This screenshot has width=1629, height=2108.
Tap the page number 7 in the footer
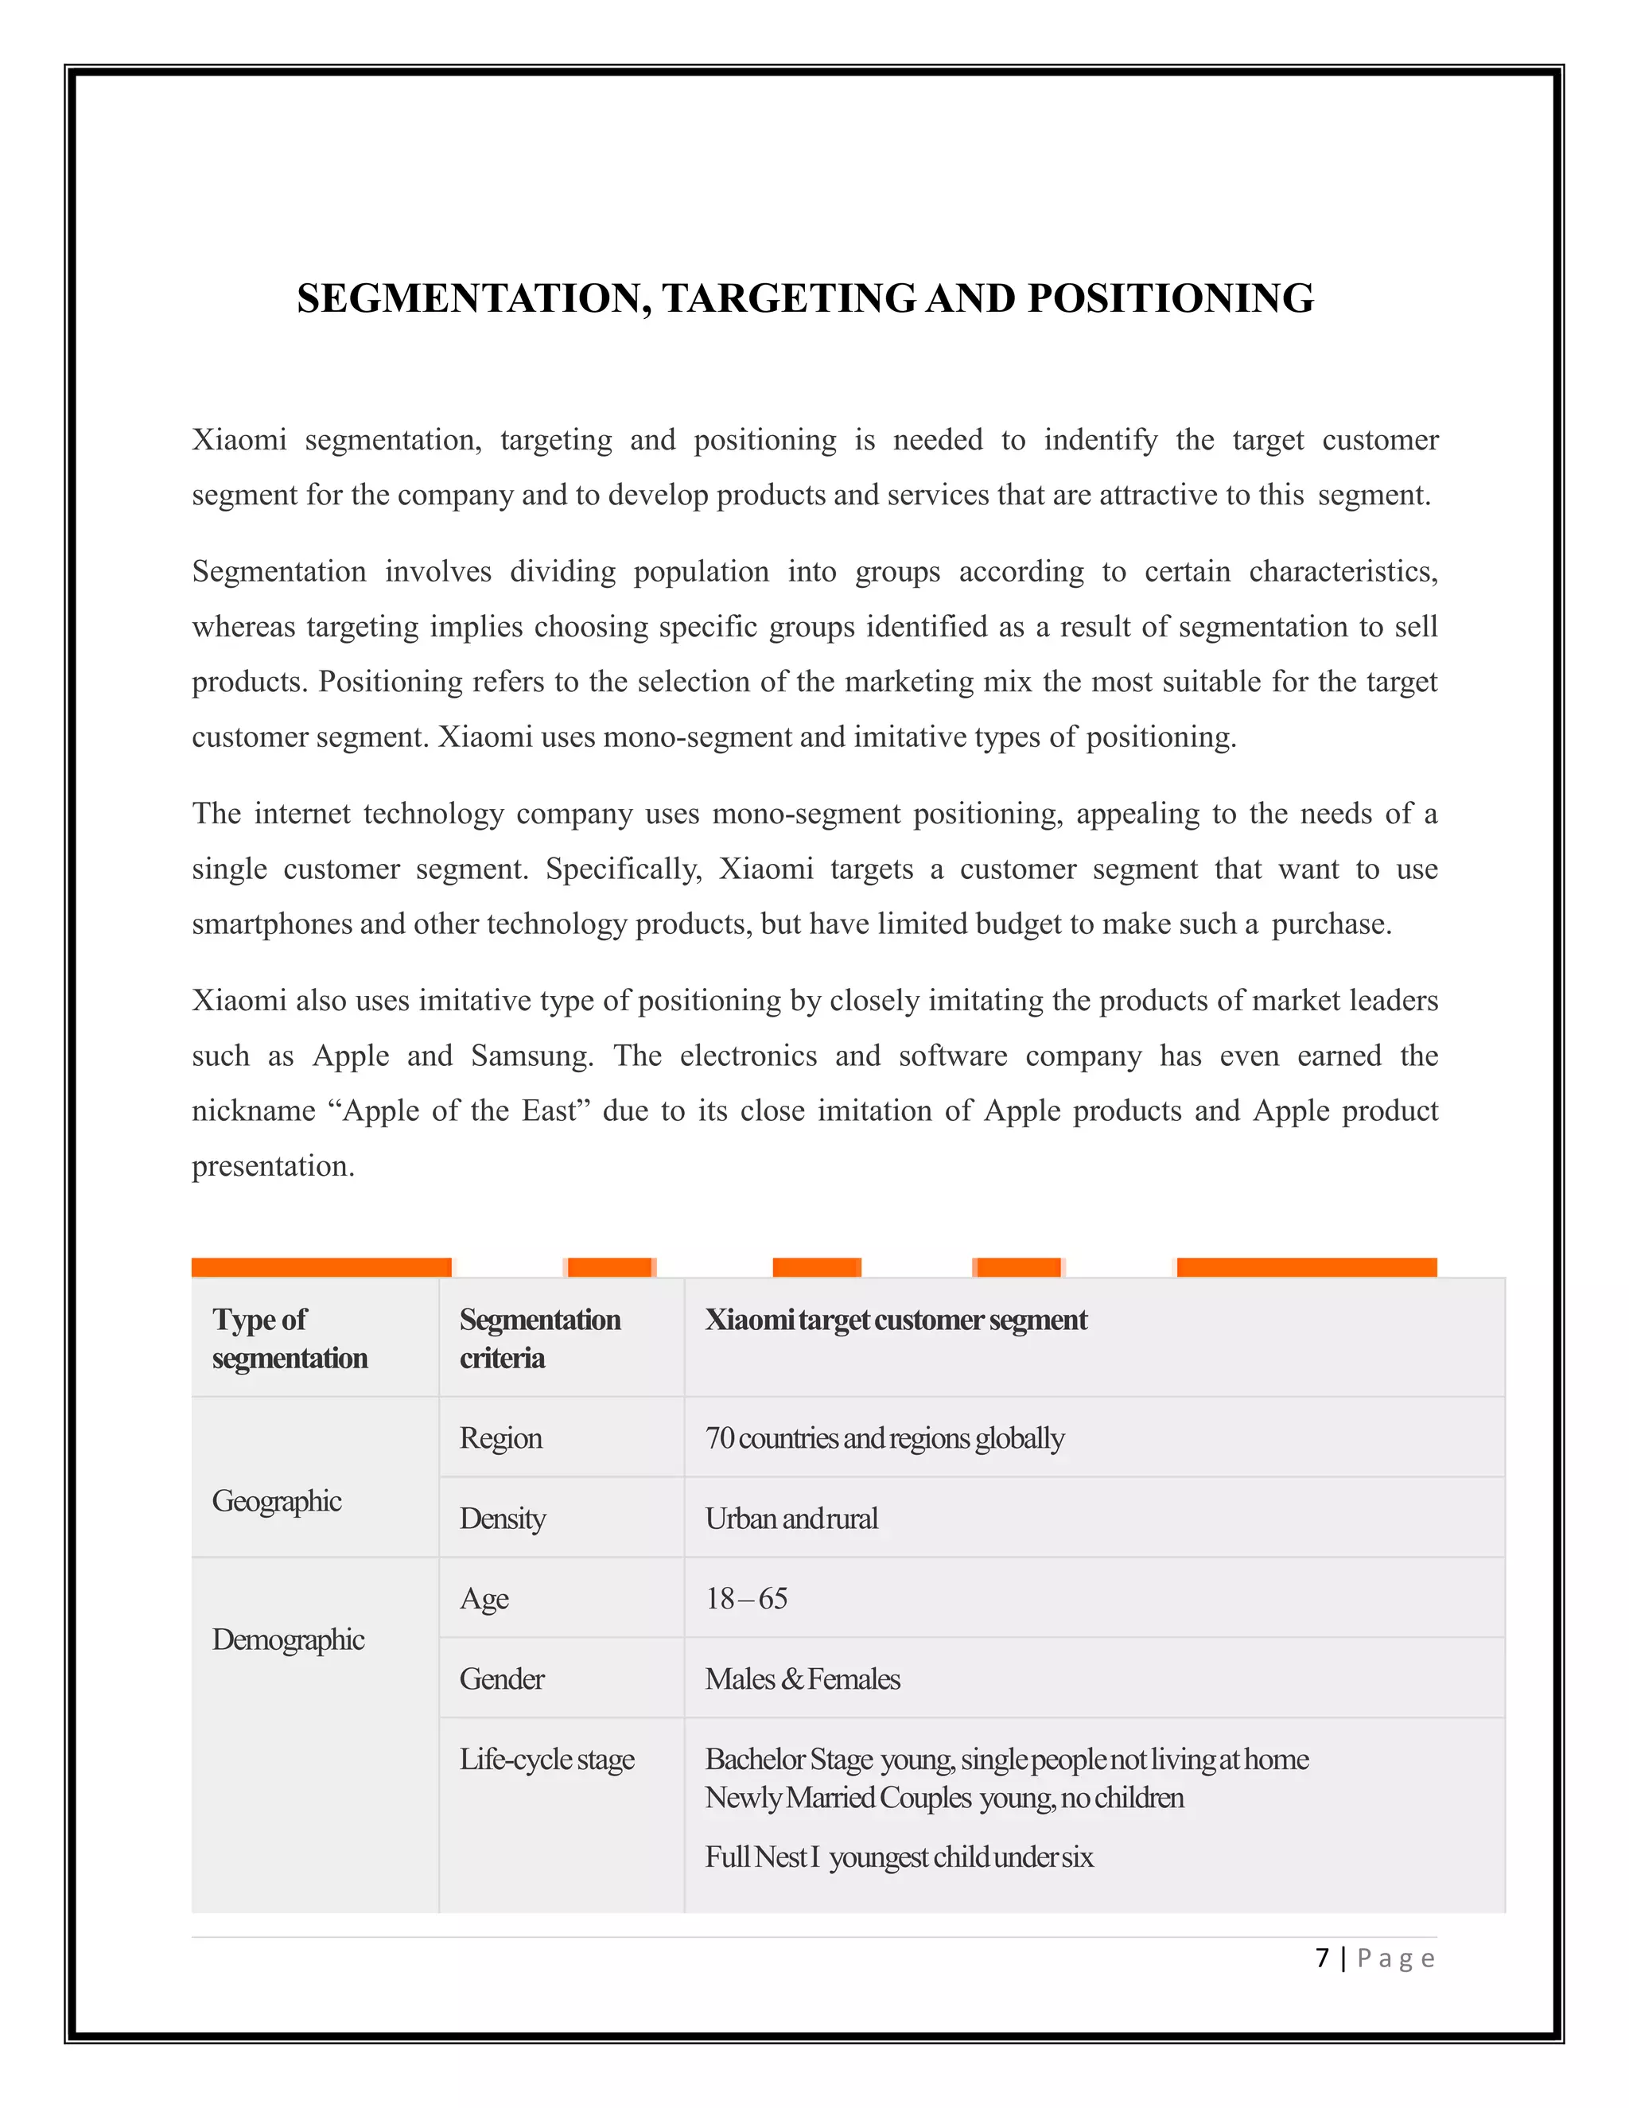pos(1322,1958)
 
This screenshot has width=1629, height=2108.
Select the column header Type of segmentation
pos(290,1338)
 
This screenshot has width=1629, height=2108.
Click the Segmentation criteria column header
pos(539,1338)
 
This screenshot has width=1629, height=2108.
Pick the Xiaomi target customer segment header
pos(895,1320)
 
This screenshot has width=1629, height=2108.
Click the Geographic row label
pos(277,1501)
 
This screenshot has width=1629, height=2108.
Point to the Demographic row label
pos(288,1639)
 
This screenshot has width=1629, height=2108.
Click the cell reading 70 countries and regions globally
pos(884,1438)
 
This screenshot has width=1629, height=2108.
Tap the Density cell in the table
pos(502,1519)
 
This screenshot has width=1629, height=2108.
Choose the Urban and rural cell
pos(791,1519)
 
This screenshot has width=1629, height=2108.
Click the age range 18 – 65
pos(746,1598)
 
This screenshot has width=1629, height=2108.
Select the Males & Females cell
pos(802,1678)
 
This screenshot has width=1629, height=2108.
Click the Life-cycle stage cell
pos(546,1759)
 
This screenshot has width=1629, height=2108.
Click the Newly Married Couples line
pos(944,1797)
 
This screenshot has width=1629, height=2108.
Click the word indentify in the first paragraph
pos(1100,440)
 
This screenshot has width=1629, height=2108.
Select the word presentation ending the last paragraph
pos(272,1166)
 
